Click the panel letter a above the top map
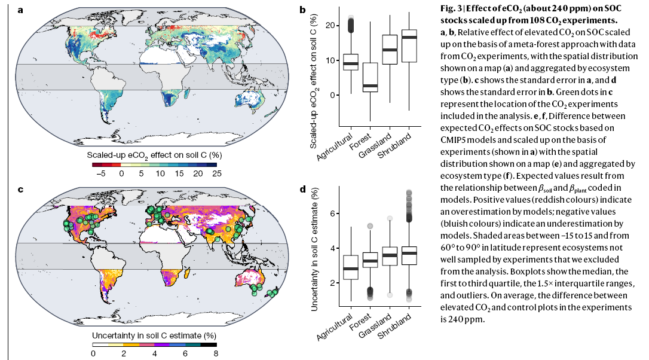(22, 10)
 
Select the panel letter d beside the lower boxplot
(303, 190)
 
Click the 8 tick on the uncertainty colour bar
(216, 353)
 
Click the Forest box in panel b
(370, 77)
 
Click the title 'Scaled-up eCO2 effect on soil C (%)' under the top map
(154, 155)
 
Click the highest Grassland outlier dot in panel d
(390, 219)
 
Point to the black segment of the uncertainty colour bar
(208, 344)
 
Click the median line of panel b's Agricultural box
(351, 63)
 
